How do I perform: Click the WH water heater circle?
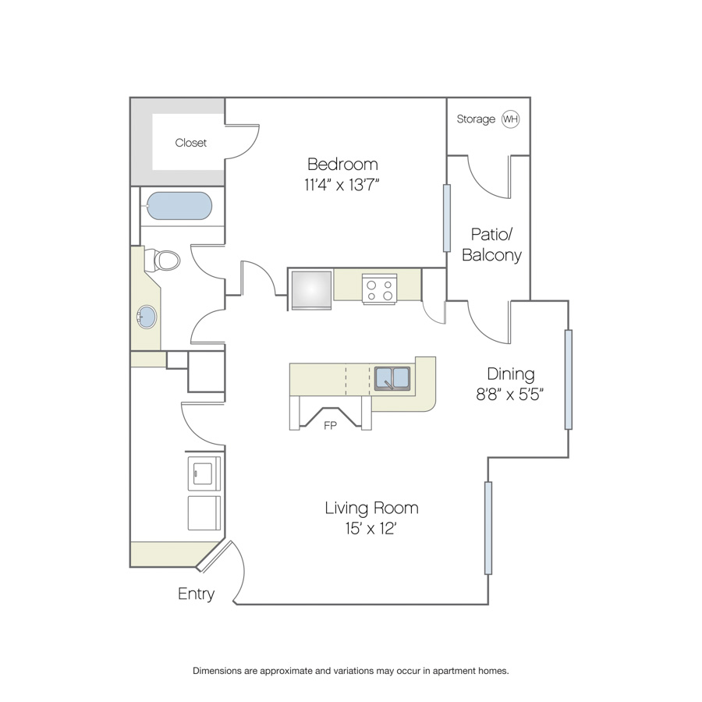(x=510, y=119)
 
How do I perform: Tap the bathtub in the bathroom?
(x=179, y=206)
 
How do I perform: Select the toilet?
(x=162, y=260)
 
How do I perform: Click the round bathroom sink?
(x=147, y=317)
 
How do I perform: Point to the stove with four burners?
(x=379, y=289)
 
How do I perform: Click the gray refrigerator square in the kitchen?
(x=311, y=289)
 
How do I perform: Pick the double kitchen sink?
(x=392, y=378)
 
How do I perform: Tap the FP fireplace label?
(x=330, y=426)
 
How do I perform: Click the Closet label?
(x=191, y=143)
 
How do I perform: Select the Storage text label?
(x=476, y=119)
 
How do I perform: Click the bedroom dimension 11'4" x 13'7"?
(x=342, y=184)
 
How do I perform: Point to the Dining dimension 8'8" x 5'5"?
(x=509, y=395)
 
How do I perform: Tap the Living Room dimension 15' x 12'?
(x=371, y=529)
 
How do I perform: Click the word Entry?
(x=196, y=594)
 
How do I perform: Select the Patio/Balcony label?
(x=491, y=244)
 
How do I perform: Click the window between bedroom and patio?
(x=446, y=218)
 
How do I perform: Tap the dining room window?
(x=568, y=380)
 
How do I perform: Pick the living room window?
(x=488, y=528)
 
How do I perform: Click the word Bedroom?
(x=342, y=165)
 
